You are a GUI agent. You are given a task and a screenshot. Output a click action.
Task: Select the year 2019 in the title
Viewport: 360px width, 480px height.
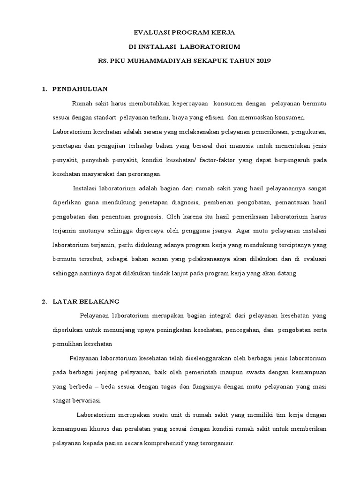263,60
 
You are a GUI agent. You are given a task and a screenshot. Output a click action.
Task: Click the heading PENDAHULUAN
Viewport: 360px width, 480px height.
80,88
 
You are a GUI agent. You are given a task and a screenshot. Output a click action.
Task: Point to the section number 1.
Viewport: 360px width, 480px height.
44,88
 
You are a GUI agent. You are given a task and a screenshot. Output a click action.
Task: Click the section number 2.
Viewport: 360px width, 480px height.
44,301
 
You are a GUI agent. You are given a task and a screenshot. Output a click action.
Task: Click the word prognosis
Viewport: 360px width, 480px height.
146,217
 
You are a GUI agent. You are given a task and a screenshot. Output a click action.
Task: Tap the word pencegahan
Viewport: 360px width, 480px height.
242,330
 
